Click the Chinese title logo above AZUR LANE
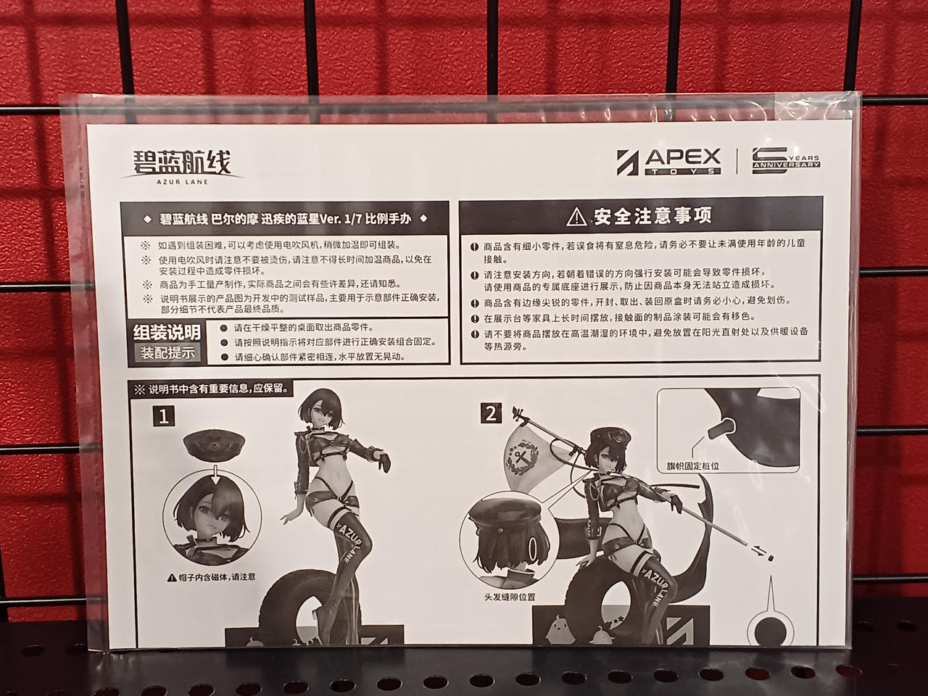coord(182,162)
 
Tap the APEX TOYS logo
coord(669,162)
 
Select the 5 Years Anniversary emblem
coord(786,160)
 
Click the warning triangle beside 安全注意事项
coord(576,217)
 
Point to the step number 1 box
coord(164,417)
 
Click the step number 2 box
coord(492,413)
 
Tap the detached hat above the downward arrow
coord(214,445)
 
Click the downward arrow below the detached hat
coord(215,474)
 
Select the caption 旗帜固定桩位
coord(693,465)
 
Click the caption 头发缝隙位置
coord(510,597)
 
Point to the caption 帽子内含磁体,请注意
coord(212,577)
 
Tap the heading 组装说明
coord(167,333)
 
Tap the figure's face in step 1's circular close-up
coord(212,513)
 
